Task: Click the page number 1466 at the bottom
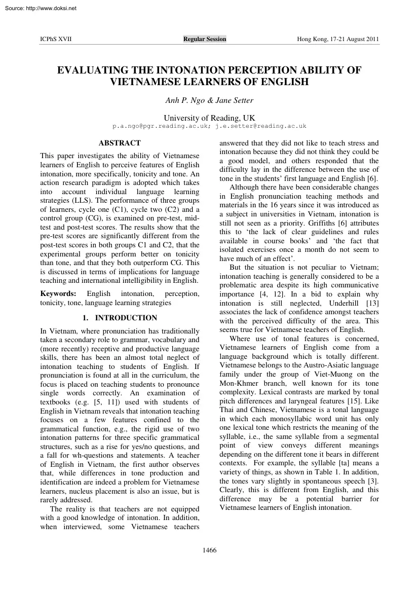209,550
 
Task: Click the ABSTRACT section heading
120,143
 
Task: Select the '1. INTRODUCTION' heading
120,318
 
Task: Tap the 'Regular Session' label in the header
205,40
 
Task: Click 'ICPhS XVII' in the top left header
56,40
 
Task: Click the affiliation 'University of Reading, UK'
209,118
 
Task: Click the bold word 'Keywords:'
58,293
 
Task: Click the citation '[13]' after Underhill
371,303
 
